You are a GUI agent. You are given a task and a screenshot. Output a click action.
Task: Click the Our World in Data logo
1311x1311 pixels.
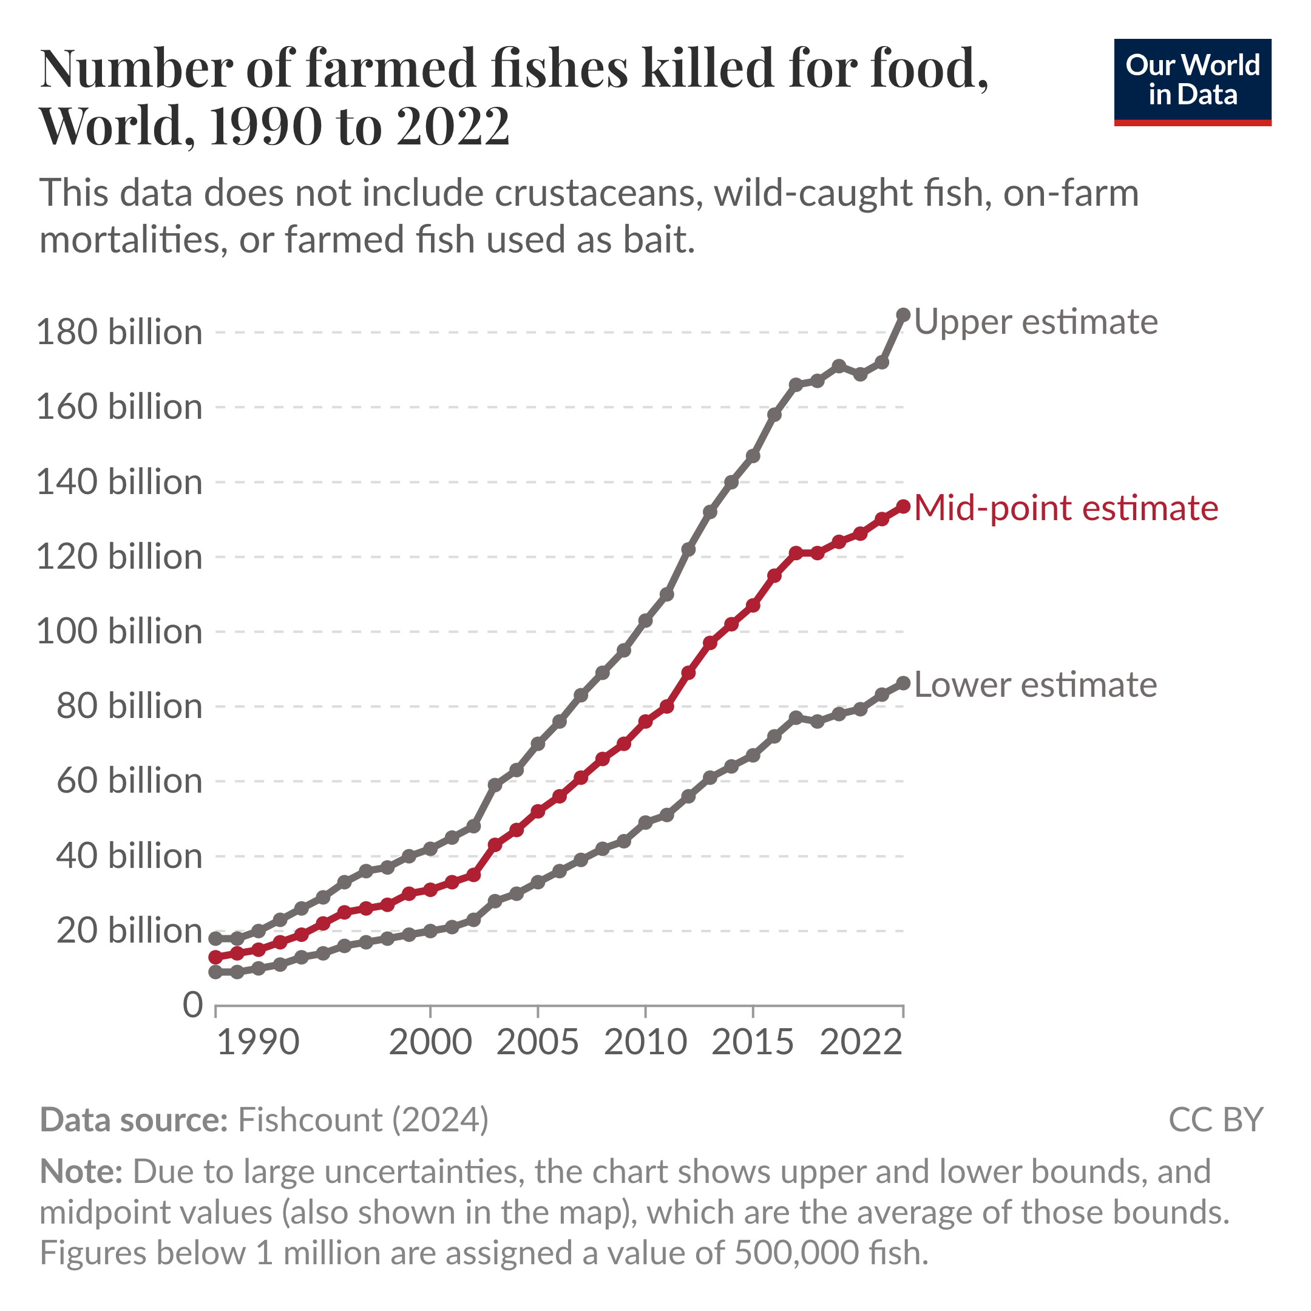point(1192,81)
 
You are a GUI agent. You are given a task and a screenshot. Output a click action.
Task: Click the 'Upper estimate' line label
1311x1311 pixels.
point(1035,322)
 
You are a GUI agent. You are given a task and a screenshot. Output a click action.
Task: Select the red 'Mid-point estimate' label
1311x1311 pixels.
point(1066,507)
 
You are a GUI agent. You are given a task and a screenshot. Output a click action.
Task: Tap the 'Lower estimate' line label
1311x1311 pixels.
point(1035,685)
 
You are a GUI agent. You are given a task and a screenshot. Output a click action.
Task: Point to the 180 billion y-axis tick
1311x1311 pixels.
point(120,333)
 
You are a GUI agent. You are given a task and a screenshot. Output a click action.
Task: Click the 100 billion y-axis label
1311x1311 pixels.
point(120,632)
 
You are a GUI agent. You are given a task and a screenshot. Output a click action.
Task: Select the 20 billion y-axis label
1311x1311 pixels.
point(129,930)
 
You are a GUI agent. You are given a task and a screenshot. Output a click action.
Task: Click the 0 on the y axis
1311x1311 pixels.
point(193,1005)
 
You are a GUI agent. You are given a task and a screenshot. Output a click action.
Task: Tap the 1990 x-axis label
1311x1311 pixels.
point(258,1042)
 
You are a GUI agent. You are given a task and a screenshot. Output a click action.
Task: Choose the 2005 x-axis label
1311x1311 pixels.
point(537,1042)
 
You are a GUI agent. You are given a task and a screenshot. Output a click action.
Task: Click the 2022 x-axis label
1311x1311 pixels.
point(861,1042)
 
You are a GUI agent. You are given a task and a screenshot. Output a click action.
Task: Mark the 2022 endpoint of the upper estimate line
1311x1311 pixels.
point(903,315)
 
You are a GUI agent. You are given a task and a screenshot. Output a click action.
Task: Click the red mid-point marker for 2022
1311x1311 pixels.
point(903,507)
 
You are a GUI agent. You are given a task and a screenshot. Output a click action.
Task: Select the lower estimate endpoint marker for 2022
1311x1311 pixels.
point(903,683)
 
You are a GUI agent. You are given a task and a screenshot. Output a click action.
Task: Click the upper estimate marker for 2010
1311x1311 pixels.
point(645,621)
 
